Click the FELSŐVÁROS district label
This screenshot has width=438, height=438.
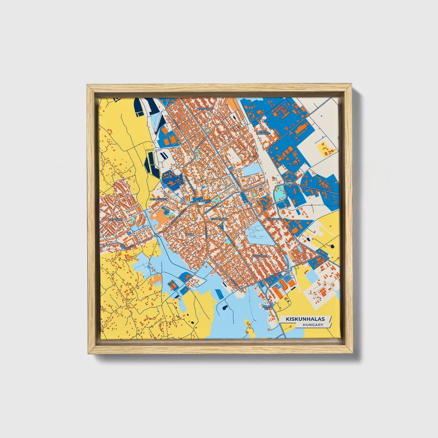pos(205,108)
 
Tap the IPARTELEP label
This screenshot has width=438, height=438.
pos(293,164)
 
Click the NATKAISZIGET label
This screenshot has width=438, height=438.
pos(158,199)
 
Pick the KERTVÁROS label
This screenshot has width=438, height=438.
pos(115,219)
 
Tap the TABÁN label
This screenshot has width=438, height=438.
pos(189,235)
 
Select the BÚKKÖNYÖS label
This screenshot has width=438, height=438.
pos(273,219)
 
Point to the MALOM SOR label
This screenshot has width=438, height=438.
pos(267,307)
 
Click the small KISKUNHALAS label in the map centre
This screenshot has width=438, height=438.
pos(219,218)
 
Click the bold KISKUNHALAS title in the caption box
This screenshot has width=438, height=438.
pos(305,319)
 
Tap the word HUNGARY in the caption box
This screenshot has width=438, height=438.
pos(313,325)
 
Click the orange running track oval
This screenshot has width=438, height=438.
pos(173,139)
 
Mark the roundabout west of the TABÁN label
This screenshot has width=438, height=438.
pos(156,235)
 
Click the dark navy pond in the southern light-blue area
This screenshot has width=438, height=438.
pos(224,308)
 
